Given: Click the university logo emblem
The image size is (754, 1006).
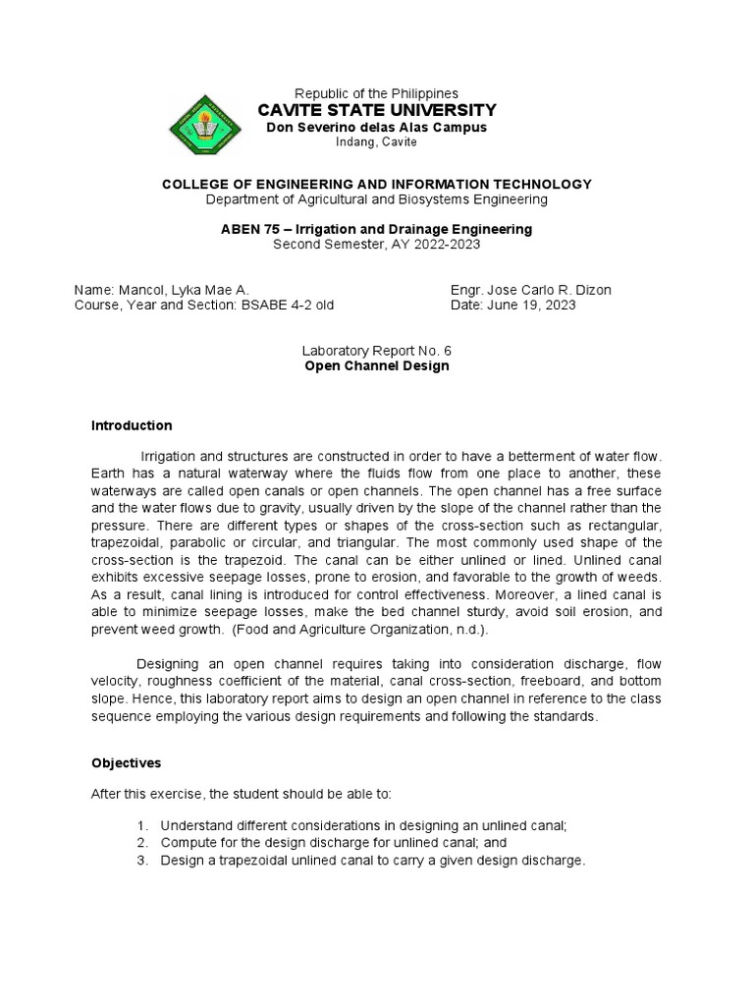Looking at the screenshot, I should (210, 126).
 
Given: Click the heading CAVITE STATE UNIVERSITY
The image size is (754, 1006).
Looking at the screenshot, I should (376, 109).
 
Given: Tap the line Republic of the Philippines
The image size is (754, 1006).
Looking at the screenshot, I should (377, 92).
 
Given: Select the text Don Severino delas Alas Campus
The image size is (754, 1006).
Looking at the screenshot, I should (377, 127).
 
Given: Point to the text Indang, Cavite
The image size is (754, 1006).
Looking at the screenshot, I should (377, 141).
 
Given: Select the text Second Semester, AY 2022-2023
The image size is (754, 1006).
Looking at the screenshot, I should (377, 244).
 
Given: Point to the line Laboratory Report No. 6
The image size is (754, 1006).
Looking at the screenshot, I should (377, 351).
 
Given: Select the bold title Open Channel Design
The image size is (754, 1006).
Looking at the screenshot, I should (377, 365).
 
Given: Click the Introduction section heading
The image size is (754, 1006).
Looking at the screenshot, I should (132, 425).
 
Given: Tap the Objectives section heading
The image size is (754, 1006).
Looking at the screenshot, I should (127, 761).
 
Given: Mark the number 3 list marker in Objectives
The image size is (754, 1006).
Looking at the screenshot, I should (142, 861).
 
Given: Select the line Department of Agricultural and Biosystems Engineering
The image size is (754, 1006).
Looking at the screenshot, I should (377, 199).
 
